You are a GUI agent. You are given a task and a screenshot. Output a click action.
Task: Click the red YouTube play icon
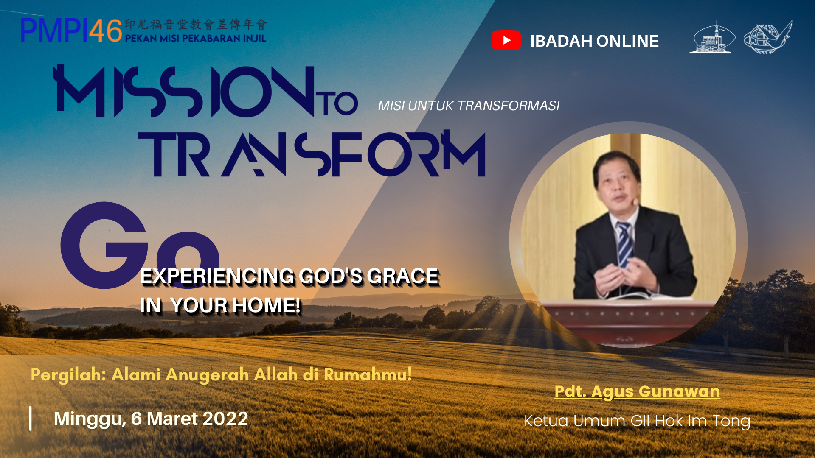(x=506, y=40)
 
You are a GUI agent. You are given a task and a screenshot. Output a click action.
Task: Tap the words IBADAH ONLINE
(x=594, y=41)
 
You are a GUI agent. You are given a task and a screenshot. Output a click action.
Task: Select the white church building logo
(x=712, y=37)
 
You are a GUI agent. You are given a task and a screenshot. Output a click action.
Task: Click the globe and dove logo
(x=767, y=37)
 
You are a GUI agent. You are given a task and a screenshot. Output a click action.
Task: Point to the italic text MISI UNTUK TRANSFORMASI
(x=469, y=106)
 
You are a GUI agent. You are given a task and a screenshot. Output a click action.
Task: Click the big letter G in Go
(x=104, y=245)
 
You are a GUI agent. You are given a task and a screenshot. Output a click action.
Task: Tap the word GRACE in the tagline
(x=403, y=276)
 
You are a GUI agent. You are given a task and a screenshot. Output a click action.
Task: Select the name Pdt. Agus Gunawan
(x=637, y=391)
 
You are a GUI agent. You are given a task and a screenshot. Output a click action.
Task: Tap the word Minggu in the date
(x=90, y=419)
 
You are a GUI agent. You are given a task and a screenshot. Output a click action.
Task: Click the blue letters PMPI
(x=54, y=31)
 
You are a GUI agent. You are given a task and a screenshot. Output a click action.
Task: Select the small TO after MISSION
(x=340, y=103)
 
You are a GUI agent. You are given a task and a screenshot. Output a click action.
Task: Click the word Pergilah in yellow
(x=68, y=375)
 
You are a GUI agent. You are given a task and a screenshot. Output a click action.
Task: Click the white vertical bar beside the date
(x=30, y=419)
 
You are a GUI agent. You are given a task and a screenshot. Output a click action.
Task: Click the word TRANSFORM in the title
(x=312, y=154)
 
